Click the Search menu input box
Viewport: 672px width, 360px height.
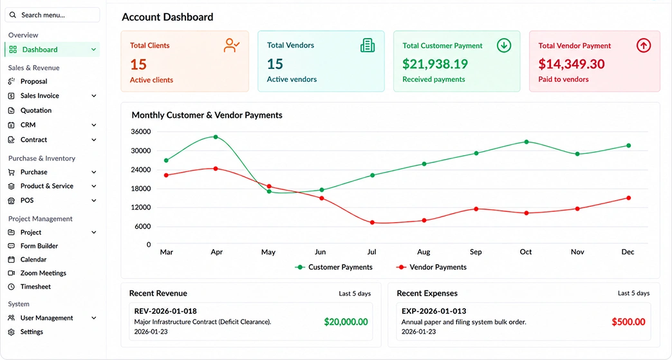pyautogui.click(x=52, y=15)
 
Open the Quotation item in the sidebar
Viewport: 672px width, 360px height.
pyautogui.click(x=35, y=111)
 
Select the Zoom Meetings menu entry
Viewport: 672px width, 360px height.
pyautogui.click(x=43, y=273)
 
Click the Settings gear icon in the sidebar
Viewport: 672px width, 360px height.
pyautogui.click(x=12, y=332)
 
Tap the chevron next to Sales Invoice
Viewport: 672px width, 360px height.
pyautogui.click(x=94, y=96)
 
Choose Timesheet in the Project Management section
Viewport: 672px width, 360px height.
pyautogui.click(x=35, y=287)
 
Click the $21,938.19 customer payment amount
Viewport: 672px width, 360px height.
pyautogui.click(x=435, y=64)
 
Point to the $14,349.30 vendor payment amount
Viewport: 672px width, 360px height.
pyautogui.click(x=572, y=64)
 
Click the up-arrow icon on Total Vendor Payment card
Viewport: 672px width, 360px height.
pyautogui.click(x=643, y=46)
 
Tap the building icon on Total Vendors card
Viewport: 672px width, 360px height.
pyautogui.click(x=368, y=45)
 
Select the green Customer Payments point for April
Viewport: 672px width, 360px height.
pyautogui.click(x=216, y=137)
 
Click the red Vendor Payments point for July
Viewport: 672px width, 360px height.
pyautogui.click(x=372, y=223)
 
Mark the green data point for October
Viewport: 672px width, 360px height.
pyautogui.click(x=527, y=142)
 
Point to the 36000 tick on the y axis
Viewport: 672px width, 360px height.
pyautogui.click(x=140, y=131)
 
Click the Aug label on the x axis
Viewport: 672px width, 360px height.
pyautogui.click(x=424, y=252)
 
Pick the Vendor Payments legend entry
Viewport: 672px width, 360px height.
pyautogui.click(x=431, y=267)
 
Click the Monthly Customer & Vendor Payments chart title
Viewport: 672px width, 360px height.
pyautogui.click(x=207, y=115)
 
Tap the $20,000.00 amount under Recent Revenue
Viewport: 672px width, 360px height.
pyautogui.click(x=346, y=322)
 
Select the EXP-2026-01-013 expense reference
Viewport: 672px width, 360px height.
pyautogui.click(x=434, y=311)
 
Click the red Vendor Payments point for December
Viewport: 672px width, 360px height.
pyautogui.click(x=629, y=198)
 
